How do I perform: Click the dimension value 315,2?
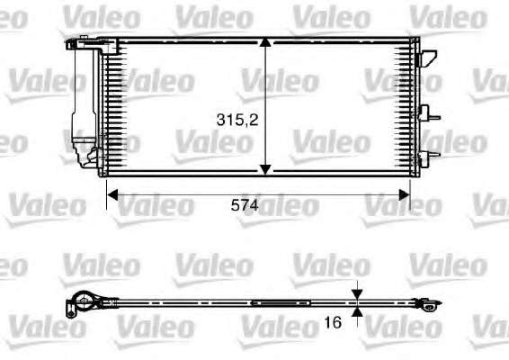tap(237, 120)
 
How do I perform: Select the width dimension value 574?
tap(245, 205)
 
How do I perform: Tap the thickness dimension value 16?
tap(333, 322)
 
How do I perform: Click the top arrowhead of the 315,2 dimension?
tap(265, 43)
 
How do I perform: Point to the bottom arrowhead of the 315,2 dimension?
tap(265, 169)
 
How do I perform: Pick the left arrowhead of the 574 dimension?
tap(112, 195)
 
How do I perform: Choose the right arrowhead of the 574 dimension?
tap(405, 195)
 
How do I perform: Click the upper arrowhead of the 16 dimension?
tap(357, 294)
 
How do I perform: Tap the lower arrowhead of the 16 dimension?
tap(357, 312)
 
